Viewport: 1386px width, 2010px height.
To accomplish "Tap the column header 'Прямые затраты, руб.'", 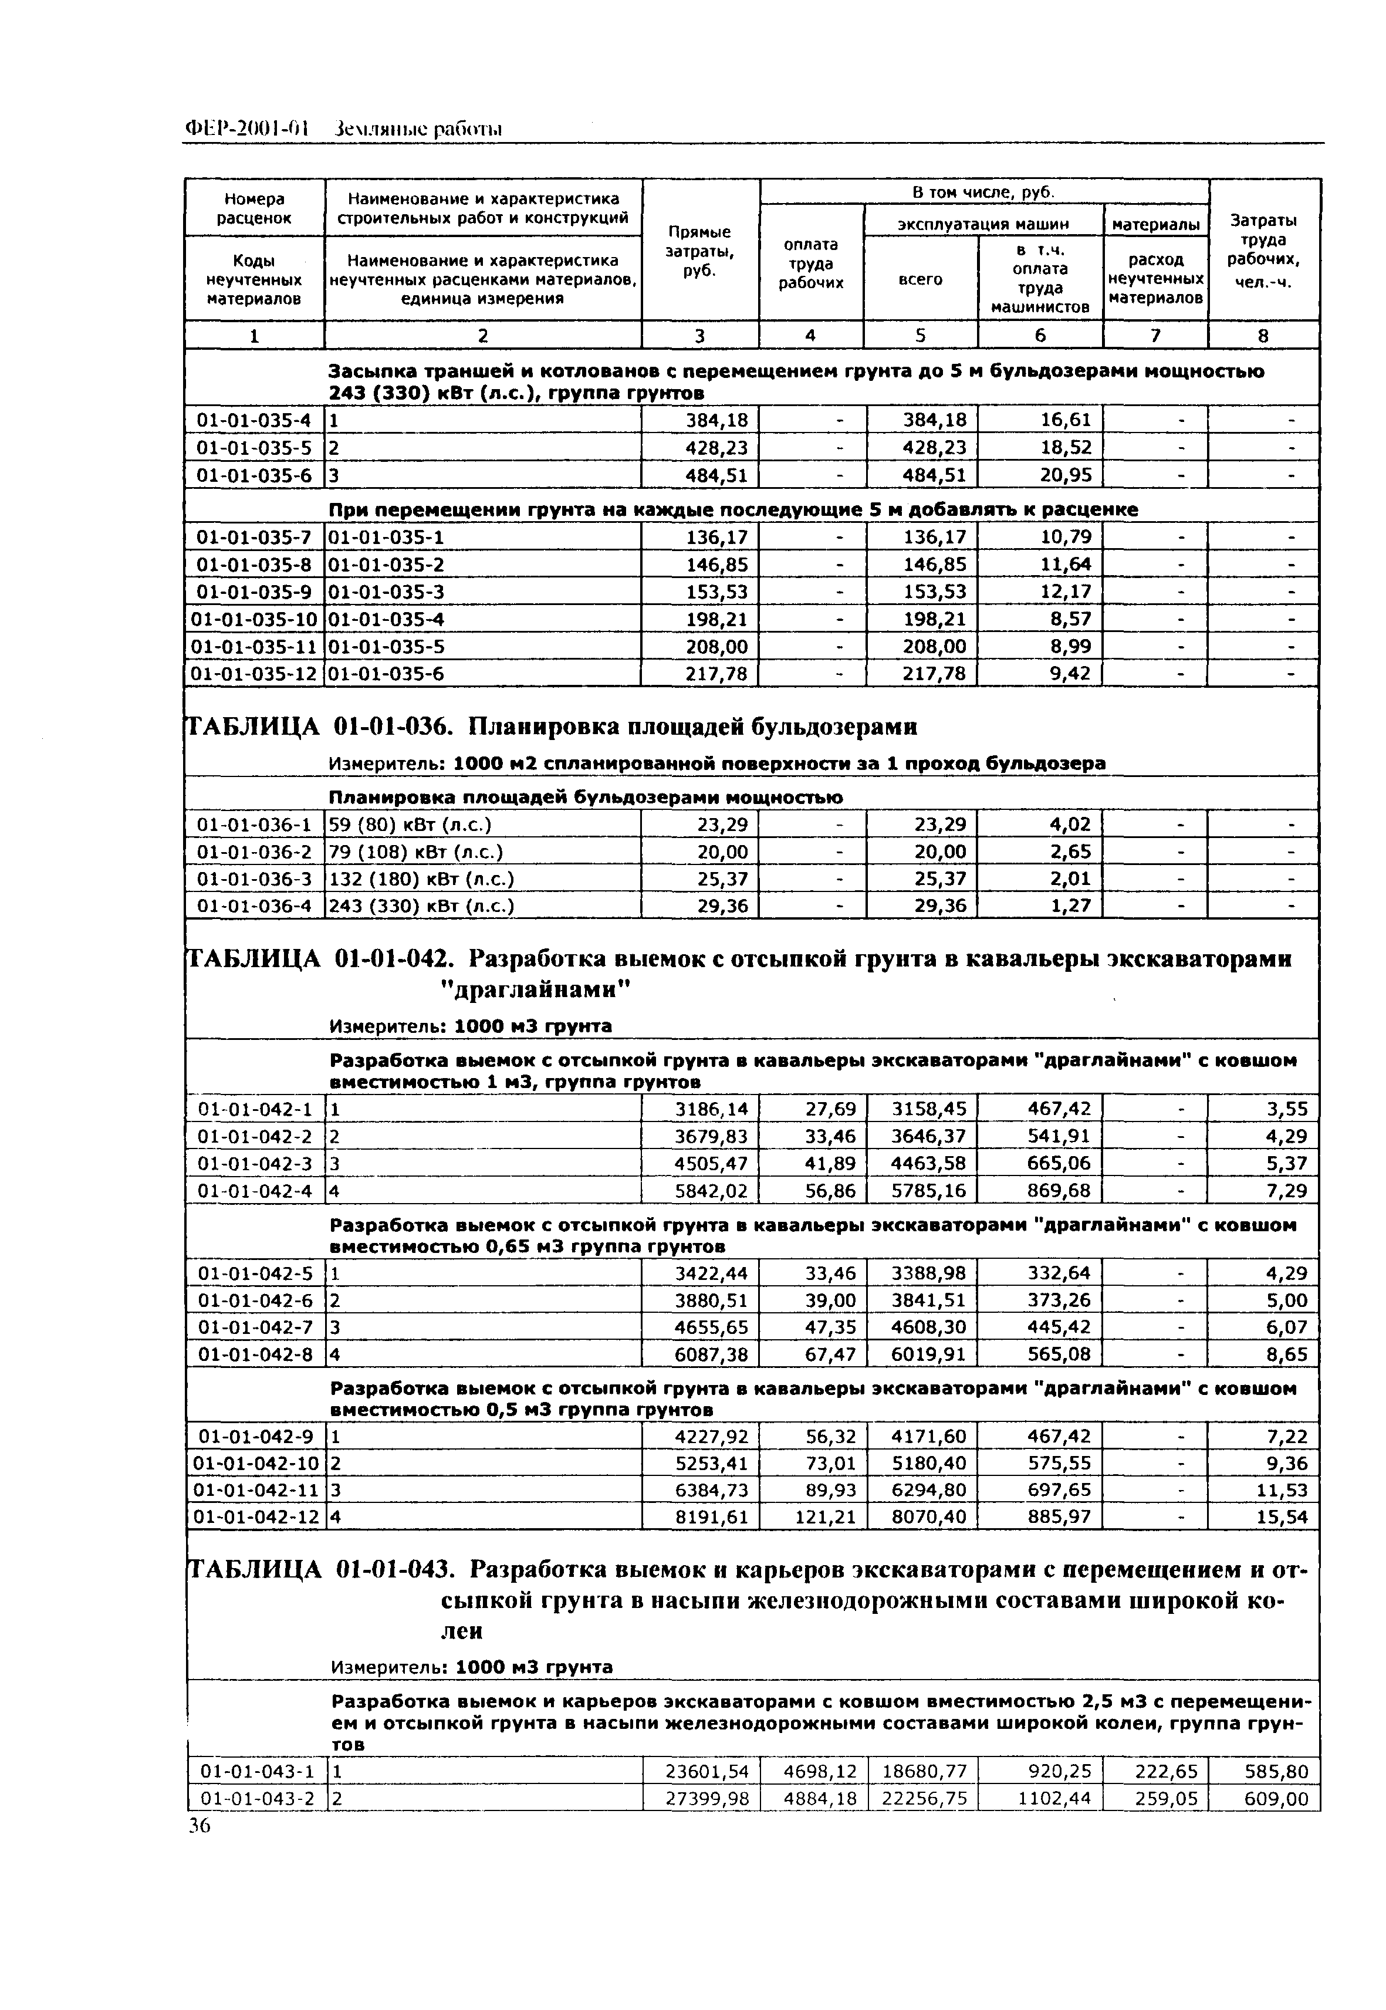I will click(x=699, y=252).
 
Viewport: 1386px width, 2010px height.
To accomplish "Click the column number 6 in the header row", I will click(x=1040, y=335).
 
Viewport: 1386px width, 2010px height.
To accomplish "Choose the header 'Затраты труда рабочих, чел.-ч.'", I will click(x=1263, y=252).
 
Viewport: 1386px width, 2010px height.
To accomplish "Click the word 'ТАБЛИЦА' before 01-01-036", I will click(x=253, y=725).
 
